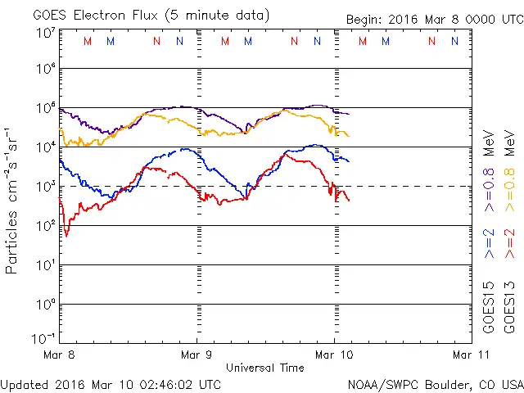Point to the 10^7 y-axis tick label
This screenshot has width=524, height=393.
click(45, 33)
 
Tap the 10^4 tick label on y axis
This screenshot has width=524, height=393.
click(45, 147)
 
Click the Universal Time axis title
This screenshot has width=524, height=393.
click(264, 368)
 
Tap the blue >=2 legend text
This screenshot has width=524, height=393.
click(488, 244)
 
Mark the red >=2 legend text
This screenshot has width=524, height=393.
click(509, 244)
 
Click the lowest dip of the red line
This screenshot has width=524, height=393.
click(66, 237)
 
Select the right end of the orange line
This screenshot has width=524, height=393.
click(349, 136)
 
